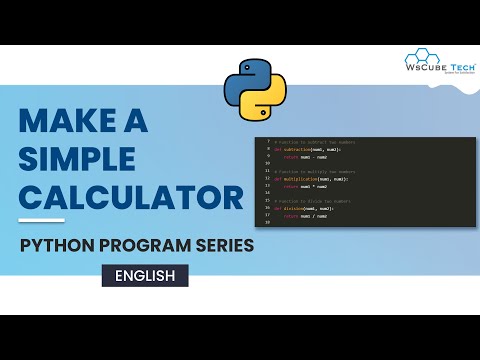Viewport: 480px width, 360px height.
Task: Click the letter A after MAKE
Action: tap(136, 122)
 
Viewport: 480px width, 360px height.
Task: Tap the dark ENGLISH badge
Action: tap(144, 275)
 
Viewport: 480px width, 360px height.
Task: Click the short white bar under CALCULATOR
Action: tap(42, 219)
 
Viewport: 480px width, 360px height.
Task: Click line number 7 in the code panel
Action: tap(267, 142)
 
